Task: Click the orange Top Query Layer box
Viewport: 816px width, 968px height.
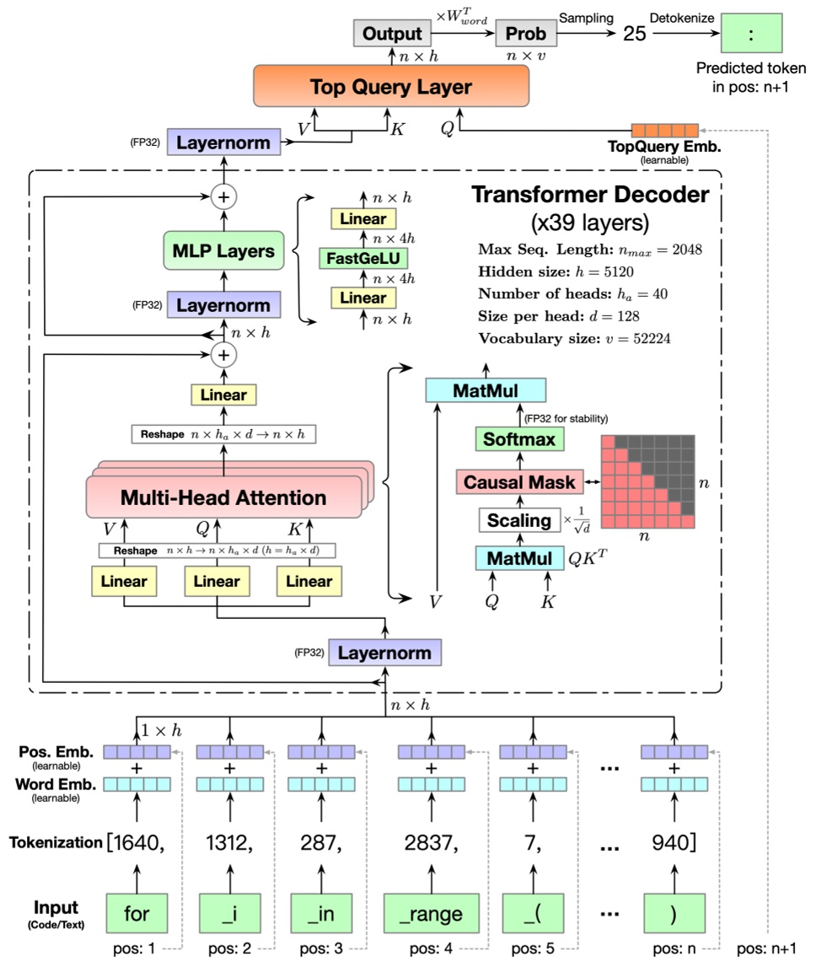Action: [x=390, y=86]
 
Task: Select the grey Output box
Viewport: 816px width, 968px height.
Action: [x=391, y=35]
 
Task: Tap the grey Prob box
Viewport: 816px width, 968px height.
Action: [x=525, y=35]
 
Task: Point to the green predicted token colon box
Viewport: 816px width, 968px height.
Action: [x=750, y=35]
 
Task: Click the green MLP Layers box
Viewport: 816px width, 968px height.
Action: [x=223, y=251]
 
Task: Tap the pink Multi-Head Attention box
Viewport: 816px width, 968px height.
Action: [x=223, y=497]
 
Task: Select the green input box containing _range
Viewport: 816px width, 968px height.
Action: [x=431, y=913]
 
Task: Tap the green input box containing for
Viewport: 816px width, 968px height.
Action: [x=137, y=913]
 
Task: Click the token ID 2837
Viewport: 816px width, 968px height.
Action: [x=431, y=841]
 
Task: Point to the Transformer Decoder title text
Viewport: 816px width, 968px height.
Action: [x=590, y=195]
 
